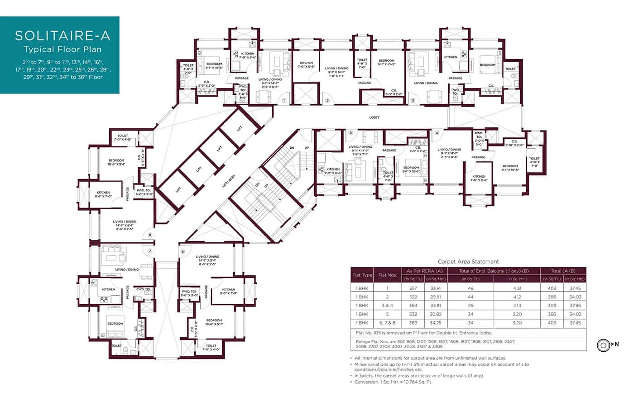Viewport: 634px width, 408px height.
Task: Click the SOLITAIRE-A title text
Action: pyautogui.click(x=62, y=36)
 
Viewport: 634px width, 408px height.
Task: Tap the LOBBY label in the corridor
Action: pyautogui.click(x=374, y=117)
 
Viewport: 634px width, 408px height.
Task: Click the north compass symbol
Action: pyautogui.click(x=603, y=345)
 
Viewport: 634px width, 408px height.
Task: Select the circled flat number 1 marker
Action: pyautogui.click(x=284, y=101)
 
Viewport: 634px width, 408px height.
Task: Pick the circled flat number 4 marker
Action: pyautogui.click(x=437, y=133)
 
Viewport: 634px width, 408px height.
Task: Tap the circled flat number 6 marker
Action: pyautogui.click(x=183, y=252)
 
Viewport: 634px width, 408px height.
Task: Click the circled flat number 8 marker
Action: pyautogui.click(x=150, y=235)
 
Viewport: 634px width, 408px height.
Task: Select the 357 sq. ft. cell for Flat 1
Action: pyautogui.click(x=413, y=288)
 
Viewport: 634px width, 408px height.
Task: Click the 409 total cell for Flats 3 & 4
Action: pyautogui.click(x=552, y=306)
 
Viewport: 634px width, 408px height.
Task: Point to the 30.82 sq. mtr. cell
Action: pyautogui.click(x=436, y=314)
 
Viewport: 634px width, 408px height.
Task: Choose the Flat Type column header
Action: pyautogui.click(x=362, y=275)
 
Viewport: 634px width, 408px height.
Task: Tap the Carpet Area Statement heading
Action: pyautogui.click(x=468, y=262)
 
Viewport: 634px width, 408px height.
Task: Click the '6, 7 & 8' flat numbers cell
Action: pyautogui.click(x=387, y=323)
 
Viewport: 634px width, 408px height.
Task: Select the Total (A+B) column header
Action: pyautogui.click(x=563, y=271)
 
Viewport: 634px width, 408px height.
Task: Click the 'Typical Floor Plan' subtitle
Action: pyautogui.click(x=62, y=49)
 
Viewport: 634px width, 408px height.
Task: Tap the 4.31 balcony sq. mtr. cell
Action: pyautogui.click(x=517, y=288)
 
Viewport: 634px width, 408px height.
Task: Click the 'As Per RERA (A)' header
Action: pyautogui.click(x=424, y=271)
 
